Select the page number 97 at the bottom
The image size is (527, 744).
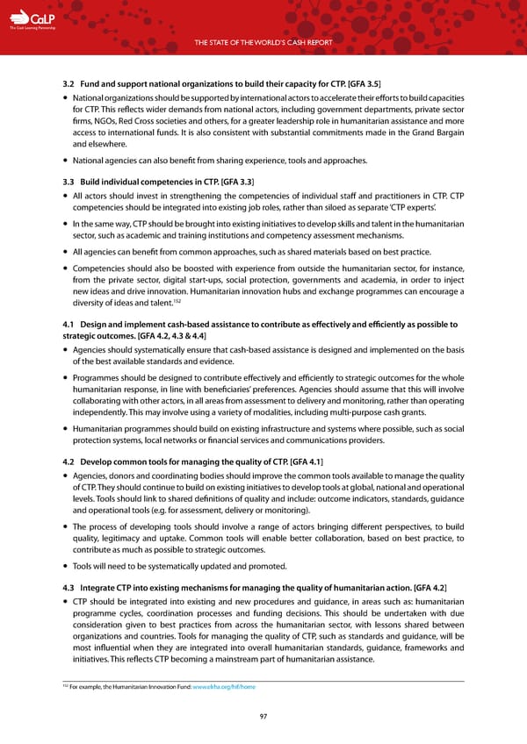[263, 717]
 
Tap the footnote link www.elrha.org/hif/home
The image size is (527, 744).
[227, 685]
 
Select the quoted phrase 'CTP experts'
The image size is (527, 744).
[439, 209]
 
